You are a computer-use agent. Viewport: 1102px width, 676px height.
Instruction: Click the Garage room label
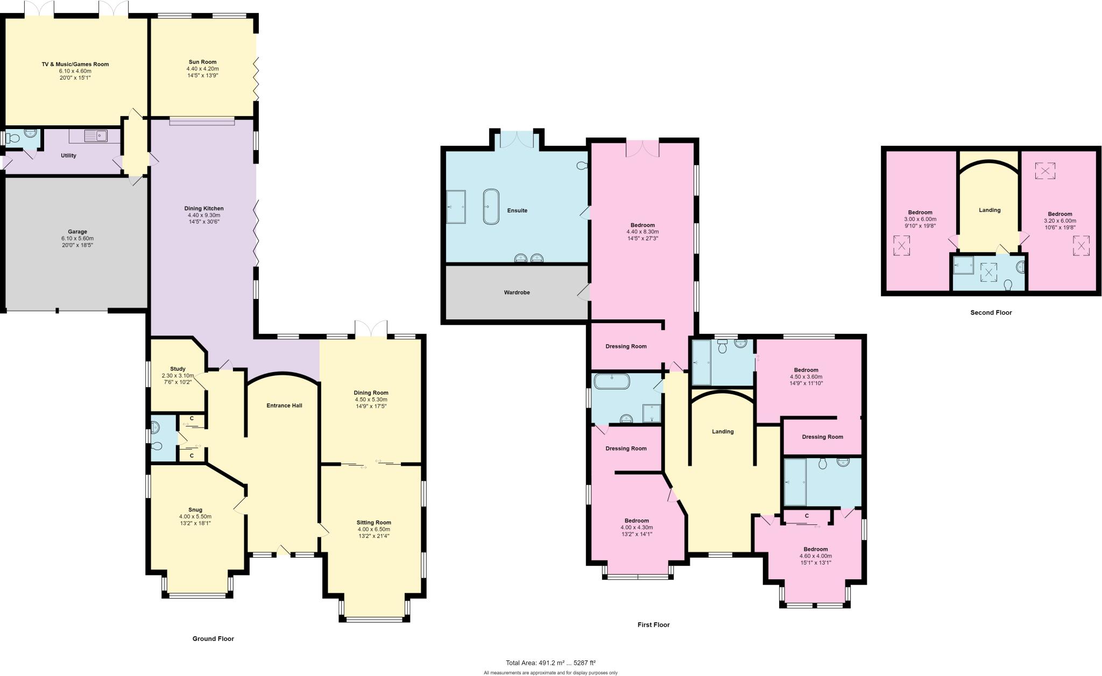tap(77, 232)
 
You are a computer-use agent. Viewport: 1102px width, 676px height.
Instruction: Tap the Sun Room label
tap(202, 62)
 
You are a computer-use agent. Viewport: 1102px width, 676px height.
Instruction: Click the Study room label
tap(178, 369)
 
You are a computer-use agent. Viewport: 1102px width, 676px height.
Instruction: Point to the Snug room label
tap(195, 510)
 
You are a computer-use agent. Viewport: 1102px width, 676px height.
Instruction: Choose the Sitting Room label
tap(373, 522)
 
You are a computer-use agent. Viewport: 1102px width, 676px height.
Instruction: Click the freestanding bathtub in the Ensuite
tap(491, 206)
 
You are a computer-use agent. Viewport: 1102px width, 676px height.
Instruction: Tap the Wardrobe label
tap(517, 293)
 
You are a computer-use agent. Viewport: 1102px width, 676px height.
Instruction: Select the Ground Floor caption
tap(213, 639)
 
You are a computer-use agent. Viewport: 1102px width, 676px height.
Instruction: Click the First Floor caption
tap(653, 625)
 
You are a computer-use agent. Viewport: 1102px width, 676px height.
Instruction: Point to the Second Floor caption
tap(991, 312)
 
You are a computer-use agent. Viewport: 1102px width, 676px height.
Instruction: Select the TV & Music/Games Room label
tap(75, 65)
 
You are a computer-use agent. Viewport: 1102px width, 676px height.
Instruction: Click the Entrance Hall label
tap(284, 405)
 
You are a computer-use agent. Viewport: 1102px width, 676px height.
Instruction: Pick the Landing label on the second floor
tap(990, 210)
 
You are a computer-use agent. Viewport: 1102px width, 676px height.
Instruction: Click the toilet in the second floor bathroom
tap(1008, 284)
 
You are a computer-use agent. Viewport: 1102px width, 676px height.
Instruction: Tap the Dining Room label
tap(371, 393)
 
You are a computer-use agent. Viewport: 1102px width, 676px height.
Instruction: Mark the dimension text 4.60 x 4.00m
tap(815, 556)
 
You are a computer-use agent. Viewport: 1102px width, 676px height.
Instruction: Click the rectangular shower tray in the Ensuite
tap(456, 207)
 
